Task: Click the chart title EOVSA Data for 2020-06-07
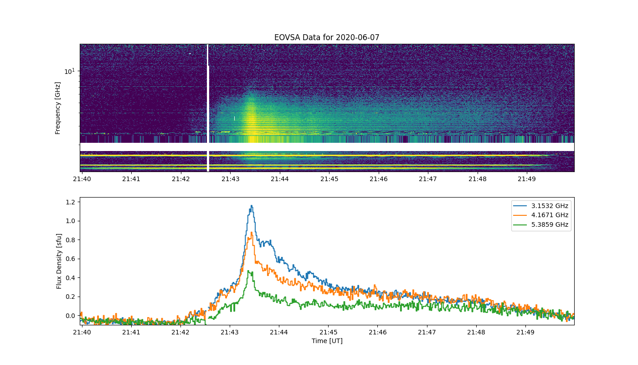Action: pos(327,37)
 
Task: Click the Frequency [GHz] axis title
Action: pos(57,108)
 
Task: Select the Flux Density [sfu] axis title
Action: pos(59,261)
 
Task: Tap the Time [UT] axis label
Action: pos(327,341)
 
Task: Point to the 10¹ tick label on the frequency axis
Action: pos(69,71)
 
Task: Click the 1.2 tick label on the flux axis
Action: pos(70,202)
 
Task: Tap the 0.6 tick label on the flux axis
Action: pos(70,259)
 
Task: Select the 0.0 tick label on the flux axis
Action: pos(70,316)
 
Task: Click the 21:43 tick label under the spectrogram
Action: pos(231,179)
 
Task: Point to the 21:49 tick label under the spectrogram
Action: pos(527,179)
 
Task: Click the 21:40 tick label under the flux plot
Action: pos(82,332)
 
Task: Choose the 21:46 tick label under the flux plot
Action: pos(378,332)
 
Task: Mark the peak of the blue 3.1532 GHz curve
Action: pos(252,205)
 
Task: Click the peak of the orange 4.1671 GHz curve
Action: pos(252,232)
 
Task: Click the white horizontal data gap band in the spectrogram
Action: pos(327,147)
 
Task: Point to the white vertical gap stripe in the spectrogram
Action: pos(208,108)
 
